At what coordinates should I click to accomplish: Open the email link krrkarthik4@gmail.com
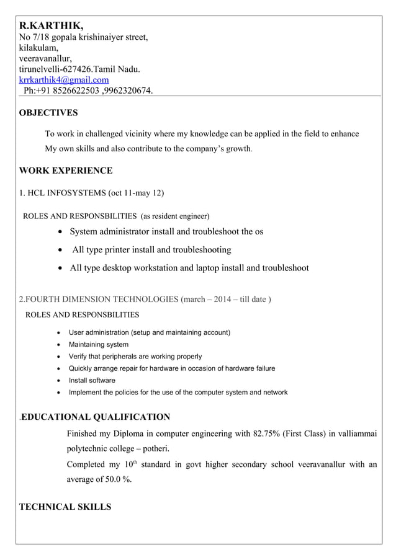pyautogui.click(x=64, y=80)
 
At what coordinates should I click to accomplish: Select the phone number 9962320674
pyautogui.click(x=128, y=91)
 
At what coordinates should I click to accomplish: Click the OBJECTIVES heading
pyautogui.click(x=48, y=113)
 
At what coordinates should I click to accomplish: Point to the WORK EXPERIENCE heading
pyautogui.click(x=66, y=171)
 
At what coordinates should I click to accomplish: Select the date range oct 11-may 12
pyautogui.click(x=135, y=193)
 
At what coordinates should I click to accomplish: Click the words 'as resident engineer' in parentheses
pyautogui.click(x=176, y=216)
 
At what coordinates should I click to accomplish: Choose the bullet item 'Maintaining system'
pyautogui.click(x=99, y=344)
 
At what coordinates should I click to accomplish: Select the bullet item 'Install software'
pyautogui.click(x=92, y=380)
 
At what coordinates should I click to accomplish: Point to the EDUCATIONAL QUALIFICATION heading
pyautogui.click(x=96, y=417)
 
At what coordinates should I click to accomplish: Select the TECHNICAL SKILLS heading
pyautogui.click(x=65, y=507)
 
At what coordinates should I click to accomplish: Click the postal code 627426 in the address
pyautogui.click(x=78, y=69)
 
